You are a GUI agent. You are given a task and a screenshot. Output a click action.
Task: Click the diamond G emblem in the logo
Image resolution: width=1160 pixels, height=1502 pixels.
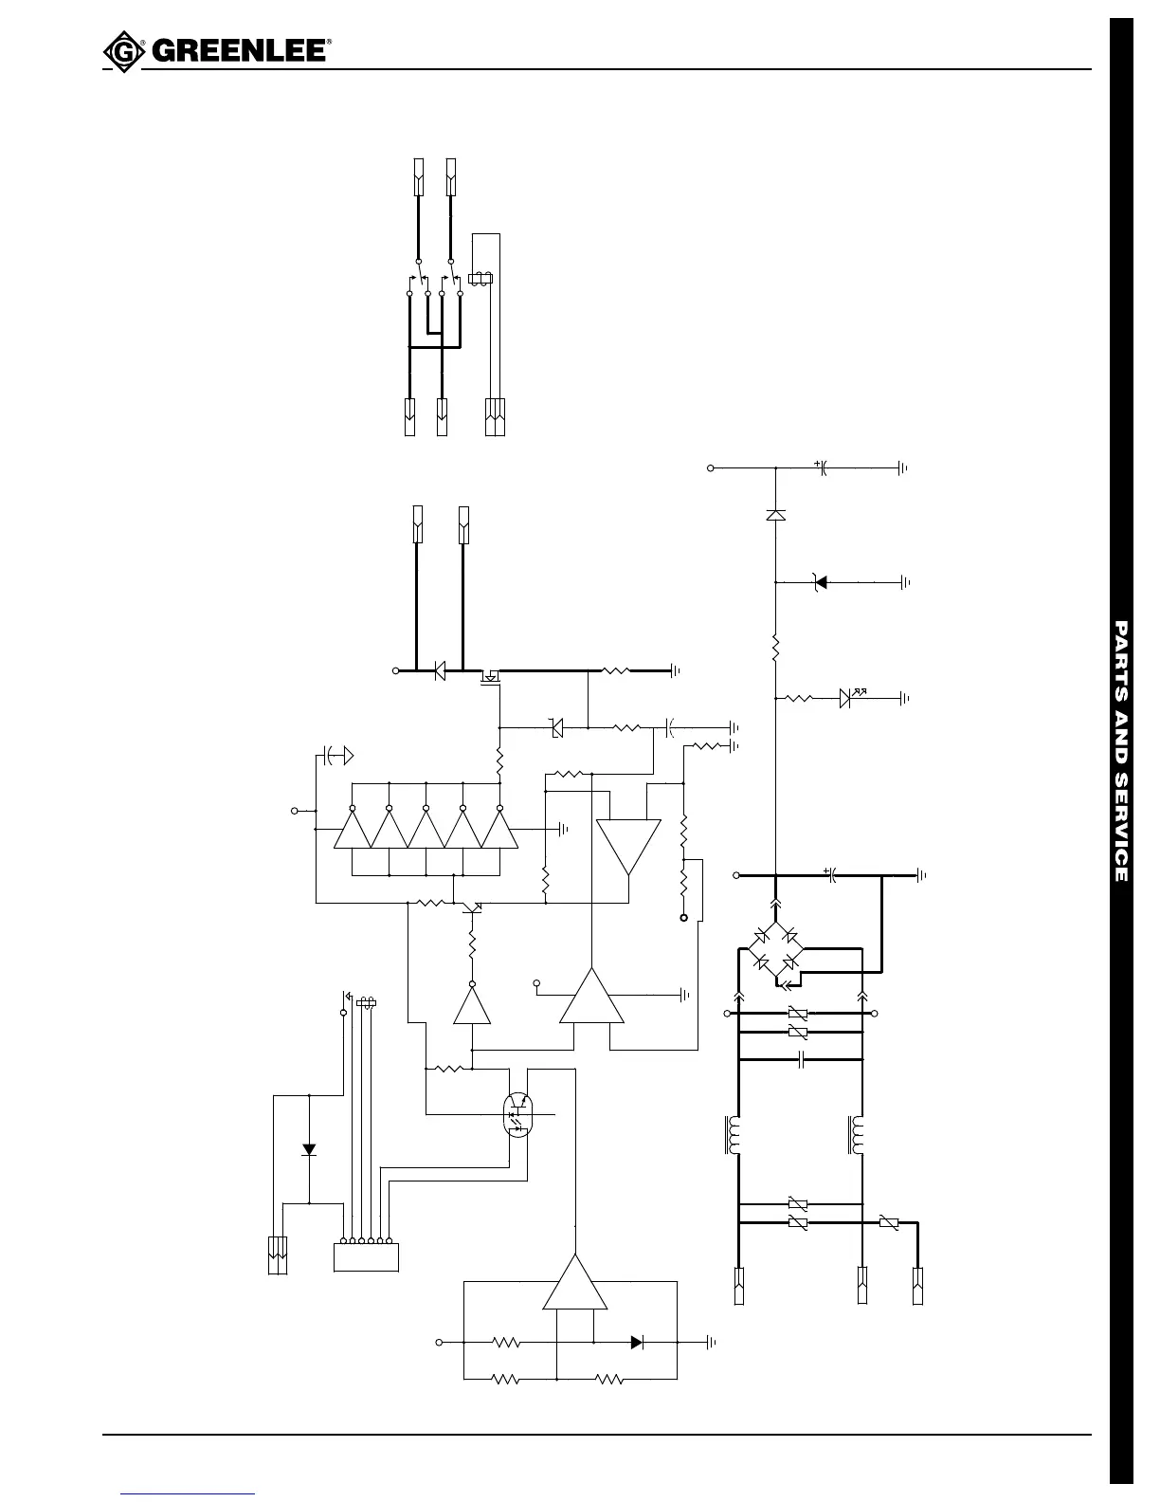[x=119, y=51]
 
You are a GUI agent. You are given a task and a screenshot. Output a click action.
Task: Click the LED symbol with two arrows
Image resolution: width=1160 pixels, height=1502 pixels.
[x=849, y=698]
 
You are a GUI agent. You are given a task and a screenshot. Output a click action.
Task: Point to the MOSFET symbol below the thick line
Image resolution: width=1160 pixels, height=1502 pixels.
[x=490, y=676]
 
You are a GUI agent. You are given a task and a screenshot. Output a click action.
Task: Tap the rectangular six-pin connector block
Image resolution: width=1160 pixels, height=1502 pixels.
[x=366, y=1256]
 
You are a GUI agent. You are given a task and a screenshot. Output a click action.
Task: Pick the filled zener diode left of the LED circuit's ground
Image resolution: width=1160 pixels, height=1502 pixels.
[x=820, y=581]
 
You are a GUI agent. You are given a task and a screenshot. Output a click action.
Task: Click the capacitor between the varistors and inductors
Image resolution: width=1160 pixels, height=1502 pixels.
[x=802, y=1059]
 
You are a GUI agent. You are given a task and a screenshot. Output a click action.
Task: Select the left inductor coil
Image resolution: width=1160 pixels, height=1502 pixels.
[x=733, y=1136]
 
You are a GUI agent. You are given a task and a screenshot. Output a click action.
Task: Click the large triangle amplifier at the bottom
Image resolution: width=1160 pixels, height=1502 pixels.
[x=574, y=1285]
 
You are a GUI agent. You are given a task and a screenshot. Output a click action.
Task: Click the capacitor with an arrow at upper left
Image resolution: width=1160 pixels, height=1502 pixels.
[x=334, y=756]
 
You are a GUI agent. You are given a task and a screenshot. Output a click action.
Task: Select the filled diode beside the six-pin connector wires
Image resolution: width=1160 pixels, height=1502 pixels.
[x=308, y=1149]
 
